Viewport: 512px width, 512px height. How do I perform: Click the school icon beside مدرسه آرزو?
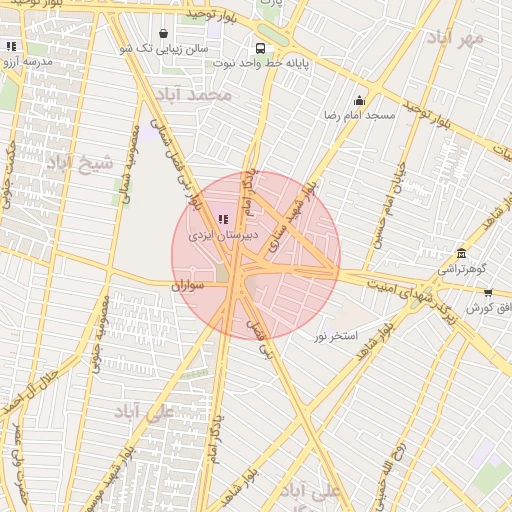[x=12, y=46]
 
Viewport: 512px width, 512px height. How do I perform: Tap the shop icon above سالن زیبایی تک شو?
[x=162, y=33]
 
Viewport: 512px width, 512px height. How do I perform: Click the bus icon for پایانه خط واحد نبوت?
[x=261, y=47]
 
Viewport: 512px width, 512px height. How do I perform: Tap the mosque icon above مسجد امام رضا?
[x=359, y=100]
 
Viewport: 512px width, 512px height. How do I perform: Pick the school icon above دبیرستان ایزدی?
[x=222, y=219]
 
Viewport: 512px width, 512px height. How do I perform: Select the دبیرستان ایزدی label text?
[x=227, y=235]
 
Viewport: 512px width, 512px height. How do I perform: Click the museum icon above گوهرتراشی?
[x=461, y=253]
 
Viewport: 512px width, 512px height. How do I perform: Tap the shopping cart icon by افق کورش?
[x=487, y=293]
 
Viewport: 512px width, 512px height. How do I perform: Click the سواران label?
[x=187, y=285]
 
